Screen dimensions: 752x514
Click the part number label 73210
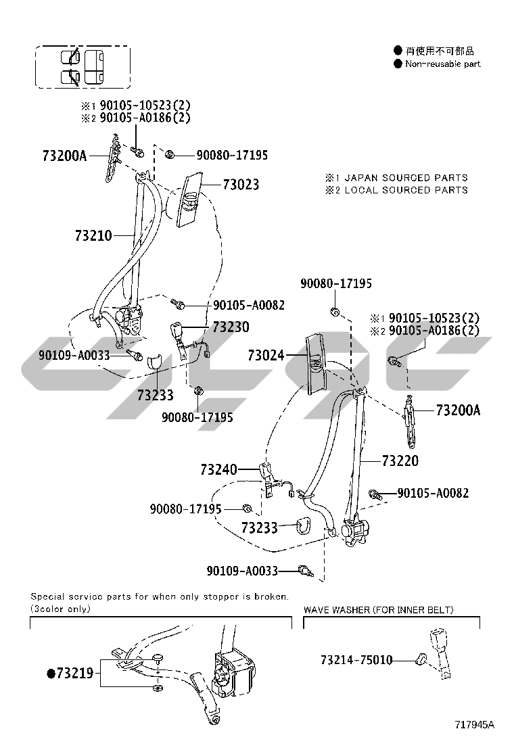coord(93,235)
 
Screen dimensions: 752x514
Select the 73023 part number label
coord(241,185)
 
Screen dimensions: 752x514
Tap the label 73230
coord(231,327)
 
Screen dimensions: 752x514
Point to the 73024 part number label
coord(266,354)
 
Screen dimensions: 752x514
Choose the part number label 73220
coord(400,461)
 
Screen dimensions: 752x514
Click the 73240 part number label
coord(218,469)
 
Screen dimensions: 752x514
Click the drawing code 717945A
coord(474,725)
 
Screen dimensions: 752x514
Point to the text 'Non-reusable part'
coord(442,64)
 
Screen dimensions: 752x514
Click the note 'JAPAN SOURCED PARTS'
coord(406,178)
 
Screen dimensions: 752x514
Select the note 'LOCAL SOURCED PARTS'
coord(406,190)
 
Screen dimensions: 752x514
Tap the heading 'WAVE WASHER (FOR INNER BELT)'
coord(378,610)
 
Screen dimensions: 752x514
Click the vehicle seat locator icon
coord(82,67)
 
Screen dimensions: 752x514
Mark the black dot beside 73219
coord(50,673)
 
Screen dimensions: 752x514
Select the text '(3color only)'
coord(60,609)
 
